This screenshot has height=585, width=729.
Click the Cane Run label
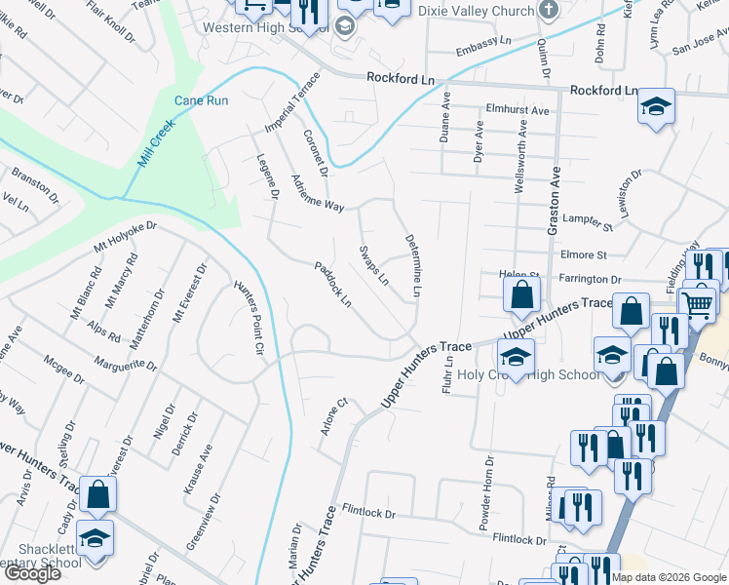201,100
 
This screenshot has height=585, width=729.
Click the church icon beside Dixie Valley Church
548,11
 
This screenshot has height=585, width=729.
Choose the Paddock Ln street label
333,283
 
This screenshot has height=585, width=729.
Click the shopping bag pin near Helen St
522,294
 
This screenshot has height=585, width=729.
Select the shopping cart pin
698,304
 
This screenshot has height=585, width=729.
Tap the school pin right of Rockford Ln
657,106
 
